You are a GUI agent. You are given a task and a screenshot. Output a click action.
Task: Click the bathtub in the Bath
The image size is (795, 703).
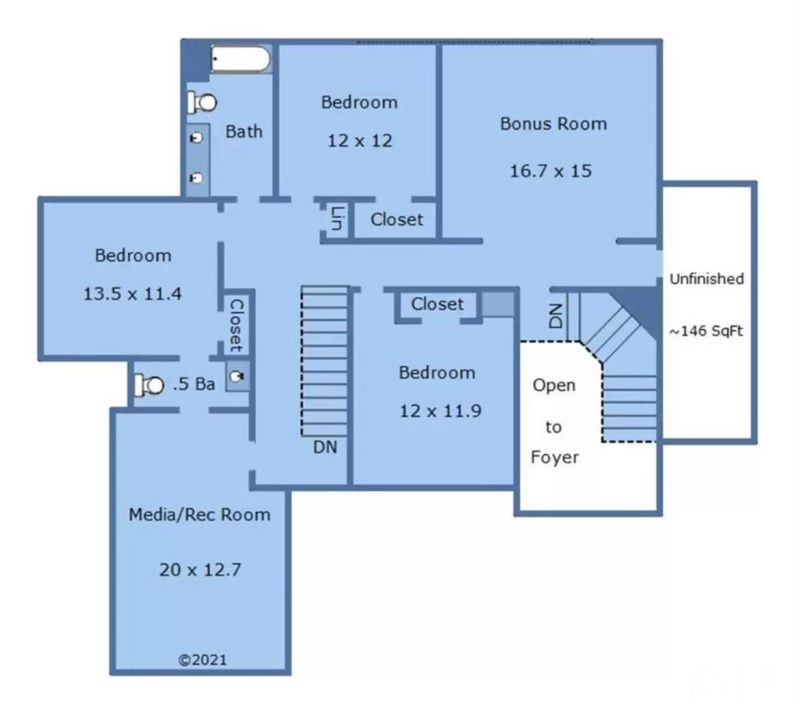pos(240,60)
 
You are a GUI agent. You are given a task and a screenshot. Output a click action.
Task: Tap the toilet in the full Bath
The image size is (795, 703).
pos(202,102)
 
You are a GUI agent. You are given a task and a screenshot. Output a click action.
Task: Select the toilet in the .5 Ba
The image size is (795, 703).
pos(150,385)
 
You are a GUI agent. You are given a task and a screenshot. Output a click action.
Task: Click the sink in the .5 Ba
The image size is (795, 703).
pos(238,377)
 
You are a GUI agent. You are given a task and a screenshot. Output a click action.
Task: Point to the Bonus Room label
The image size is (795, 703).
pos(553,124)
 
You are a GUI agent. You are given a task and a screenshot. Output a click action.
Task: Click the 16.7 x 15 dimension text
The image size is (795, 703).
pos(550,171)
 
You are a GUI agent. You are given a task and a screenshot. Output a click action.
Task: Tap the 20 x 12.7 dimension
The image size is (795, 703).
pos(200,570)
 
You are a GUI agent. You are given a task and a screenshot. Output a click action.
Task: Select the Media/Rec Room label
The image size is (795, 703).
pos(199,515)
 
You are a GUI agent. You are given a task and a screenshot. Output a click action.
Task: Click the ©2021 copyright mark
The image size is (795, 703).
pos(202,659)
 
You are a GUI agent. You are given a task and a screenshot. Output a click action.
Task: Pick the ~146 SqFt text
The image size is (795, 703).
pos(706,331)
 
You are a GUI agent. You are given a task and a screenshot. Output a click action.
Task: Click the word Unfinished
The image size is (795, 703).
pos(706,279)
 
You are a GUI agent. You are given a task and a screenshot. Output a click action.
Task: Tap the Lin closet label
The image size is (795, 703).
pos(337,218)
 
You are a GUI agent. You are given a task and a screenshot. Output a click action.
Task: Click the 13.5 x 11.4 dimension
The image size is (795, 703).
pos(132,294)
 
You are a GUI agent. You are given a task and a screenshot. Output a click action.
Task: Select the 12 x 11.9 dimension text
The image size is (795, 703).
pos(440,411)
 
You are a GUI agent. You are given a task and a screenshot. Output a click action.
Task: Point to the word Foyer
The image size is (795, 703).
pos(554,457)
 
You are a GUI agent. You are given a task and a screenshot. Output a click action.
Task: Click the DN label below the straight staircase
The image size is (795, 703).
pos(325,447)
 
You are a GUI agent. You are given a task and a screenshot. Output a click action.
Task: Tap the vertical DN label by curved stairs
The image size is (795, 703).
pos(555,316)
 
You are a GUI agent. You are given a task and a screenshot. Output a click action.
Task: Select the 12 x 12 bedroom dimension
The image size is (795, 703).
pos(359,141)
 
